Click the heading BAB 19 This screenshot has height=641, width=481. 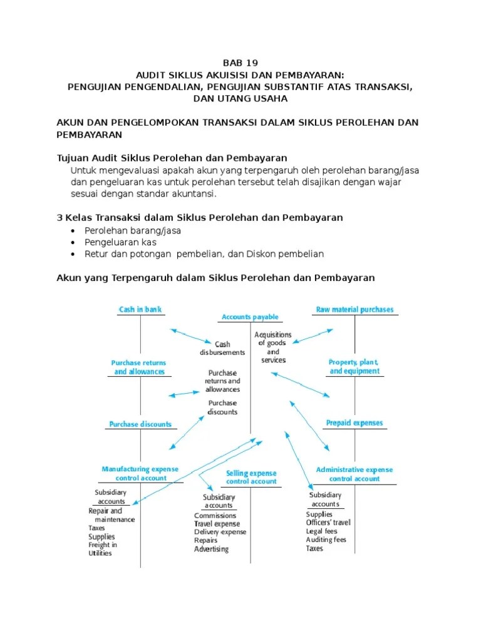point(240,63)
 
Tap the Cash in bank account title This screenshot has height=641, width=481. point(140,309)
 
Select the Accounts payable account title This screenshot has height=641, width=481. point(250,317)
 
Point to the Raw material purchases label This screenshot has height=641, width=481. point(354,309)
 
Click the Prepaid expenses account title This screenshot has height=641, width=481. point(354,423)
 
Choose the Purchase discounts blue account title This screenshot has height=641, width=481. point(140,424)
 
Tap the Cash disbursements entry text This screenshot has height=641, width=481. point(222,349)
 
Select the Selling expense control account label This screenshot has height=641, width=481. point(251,478)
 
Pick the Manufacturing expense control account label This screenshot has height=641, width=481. point(140,473)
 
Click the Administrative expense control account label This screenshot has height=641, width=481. point(354,474)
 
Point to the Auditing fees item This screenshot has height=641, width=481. point(326,540)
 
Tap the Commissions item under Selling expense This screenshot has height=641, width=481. point(215,516)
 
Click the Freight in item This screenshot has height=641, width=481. point(103,545)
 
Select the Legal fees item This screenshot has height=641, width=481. point(321,531)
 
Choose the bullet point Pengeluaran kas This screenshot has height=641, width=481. point(120,242)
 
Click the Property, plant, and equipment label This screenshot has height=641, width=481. point(354,367)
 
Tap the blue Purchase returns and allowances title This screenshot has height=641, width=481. point(139,367)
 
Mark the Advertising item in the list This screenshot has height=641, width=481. point(211,549)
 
